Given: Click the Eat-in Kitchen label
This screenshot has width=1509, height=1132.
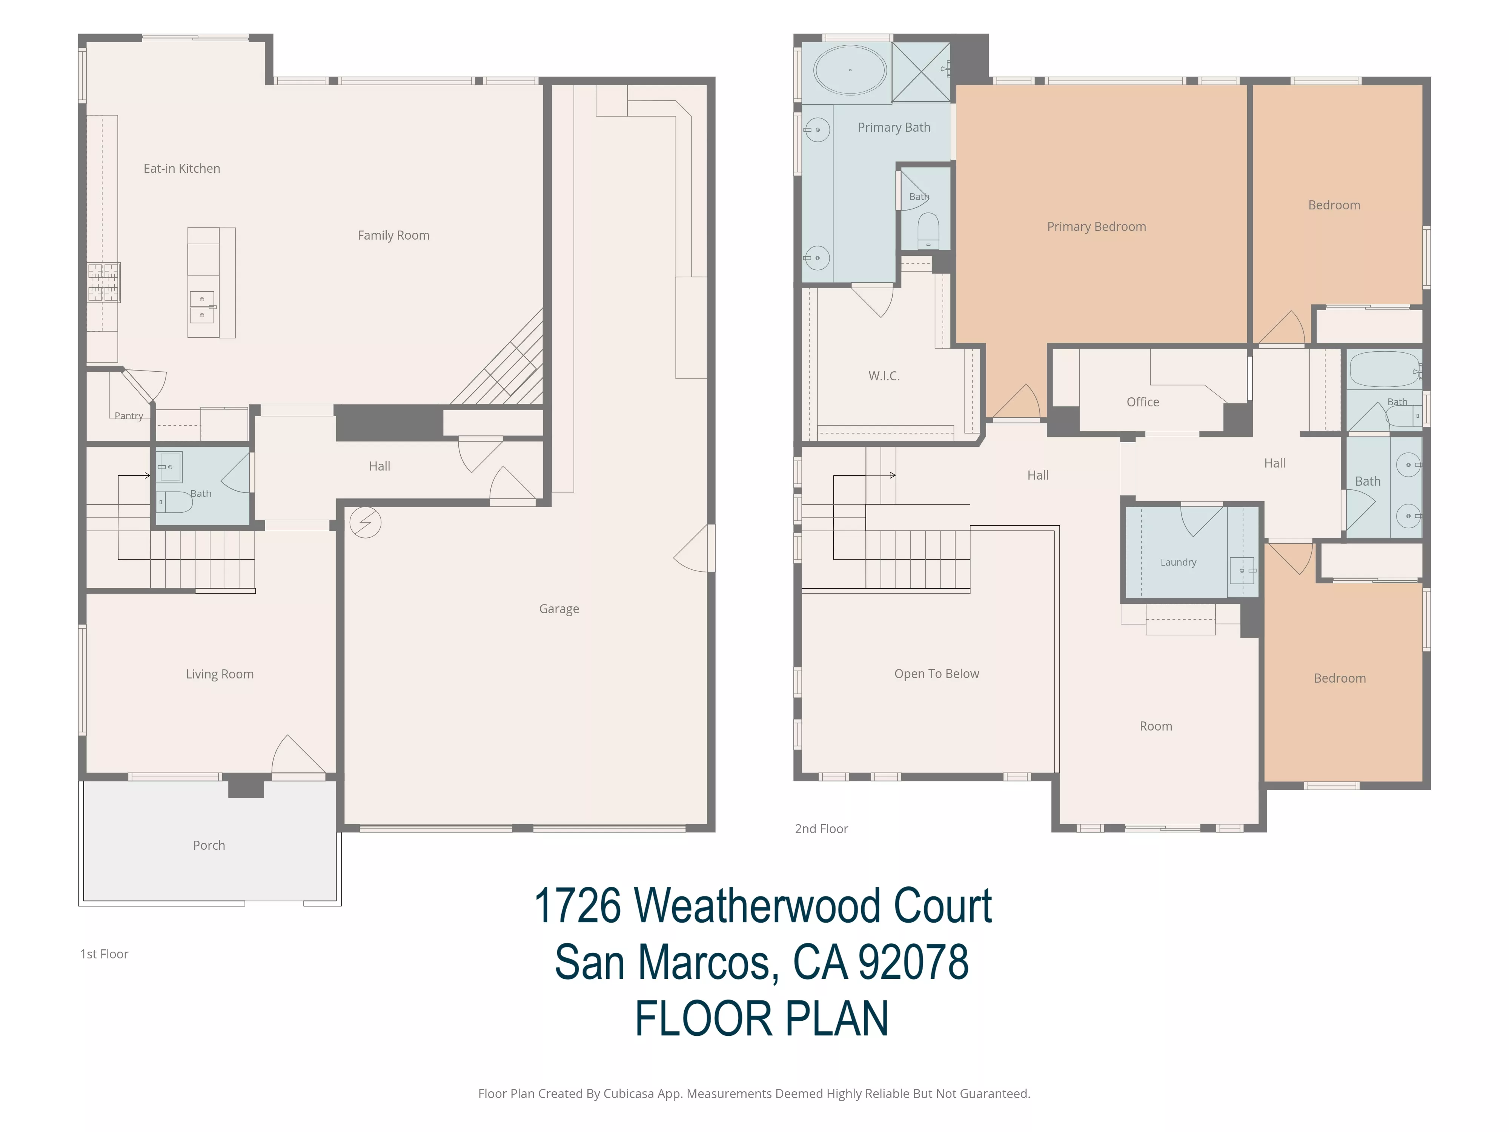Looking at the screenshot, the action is tap(181, 169).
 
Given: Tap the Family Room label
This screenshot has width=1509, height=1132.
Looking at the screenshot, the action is tap(393, 235).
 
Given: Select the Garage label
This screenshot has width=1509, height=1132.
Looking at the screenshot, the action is tap(559, 609).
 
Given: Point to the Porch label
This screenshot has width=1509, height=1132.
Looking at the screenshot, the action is tap(209, 846).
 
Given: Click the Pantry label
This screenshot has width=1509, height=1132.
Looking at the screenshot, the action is tap(129, 415).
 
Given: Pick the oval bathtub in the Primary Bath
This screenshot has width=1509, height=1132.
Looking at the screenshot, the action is tap(850, 69).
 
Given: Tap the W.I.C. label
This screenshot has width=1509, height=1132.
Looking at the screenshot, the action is tap(884, 376).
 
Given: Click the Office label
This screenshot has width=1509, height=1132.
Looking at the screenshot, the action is tap(1143, 402).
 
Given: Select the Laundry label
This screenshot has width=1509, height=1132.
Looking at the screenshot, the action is tap(1178, 562).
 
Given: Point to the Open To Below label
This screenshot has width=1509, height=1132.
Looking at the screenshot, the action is tap(937, 674).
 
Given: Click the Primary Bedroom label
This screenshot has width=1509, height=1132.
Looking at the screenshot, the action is tap(1096, 226).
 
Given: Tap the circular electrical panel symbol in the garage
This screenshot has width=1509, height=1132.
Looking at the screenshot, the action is tap(365, 523).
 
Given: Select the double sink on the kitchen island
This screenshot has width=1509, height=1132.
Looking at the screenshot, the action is tap(202, 307).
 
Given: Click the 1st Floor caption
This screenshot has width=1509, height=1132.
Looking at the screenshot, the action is tap(104, 954).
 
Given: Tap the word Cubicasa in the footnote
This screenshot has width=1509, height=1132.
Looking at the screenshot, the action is tap(628, 1094).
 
